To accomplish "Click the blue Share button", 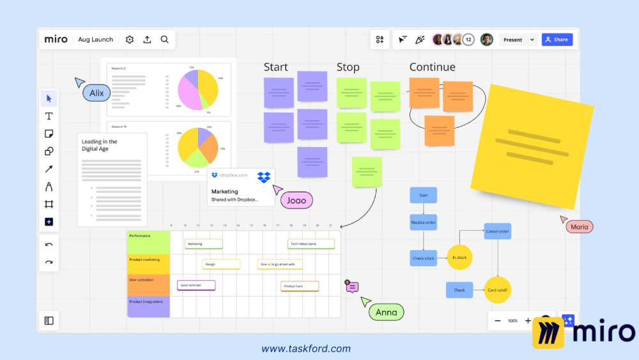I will pos(557,40).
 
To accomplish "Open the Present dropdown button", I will pos(518,40).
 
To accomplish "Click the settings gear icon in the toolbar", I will pos(130,40).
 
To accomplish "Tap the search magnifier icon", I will pos(165,40).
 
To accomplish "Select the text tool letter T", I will pos(49,116).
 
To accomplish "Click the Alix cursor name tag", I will pos(96,93).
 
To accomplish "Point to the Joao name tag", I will pos(296,200).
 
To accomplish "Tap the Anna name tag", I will pos(386,312).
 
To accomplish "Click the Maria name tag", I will pos(579,227).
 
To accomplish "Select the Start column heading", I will pos(276,67).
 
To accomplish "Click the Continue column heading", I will pos(433,67).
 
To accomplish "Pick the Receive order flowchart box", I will pos(423,223).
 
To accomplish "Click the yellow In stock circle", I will pos(459,258).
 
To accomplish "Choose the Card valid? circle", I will pos(498,290).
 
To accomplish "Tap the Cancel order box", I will pos(498,231).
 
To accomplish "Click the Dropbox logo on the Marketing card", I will pos(264,177).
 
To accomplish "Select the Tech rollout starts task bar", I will pos(311,244).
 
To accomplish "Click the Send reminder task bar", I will pos(196,285).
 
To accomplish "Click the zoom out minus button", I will pos(498,320).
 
